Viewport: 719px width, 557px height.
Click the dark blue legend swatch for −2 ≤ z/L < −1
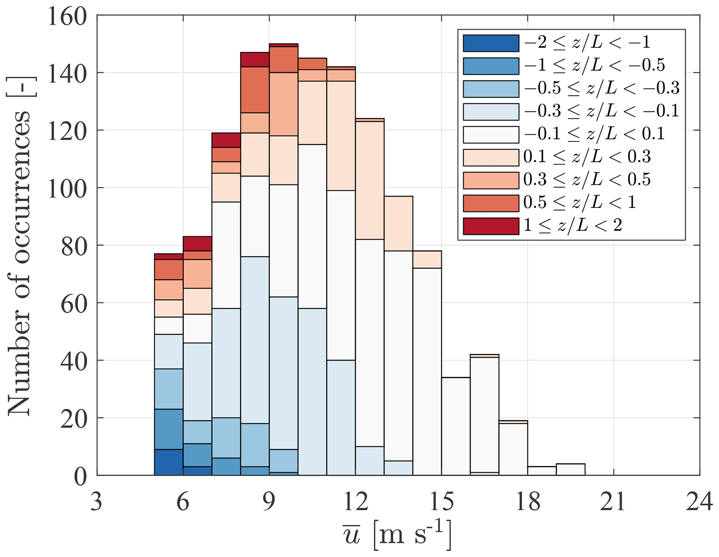point(491,43)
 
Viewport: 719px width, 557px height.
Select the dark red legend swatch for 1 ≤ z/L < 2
point(491,226)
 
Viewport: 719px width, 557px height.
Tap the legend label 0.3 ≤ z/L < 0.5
point(587,180)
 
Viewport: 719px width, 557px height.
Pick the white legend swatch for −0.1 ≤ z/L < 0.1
point(491,135)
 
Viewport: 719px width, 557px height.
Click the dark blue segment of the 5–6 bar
point(169,462)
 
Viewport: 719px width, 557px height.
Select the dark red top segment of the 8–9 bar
point(255,59)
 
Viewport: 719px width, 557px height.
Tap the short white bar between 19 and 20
point(570,469)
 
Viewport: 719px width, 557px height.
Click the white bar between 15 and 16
point(456,426)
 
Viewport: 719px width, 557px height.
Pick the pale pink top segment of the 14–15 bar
point(427,259)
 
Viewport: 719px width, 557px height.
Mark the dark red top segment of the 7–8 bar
point(226,140)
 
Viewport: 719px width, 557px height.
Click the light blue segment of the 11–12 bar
point(341,417)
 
